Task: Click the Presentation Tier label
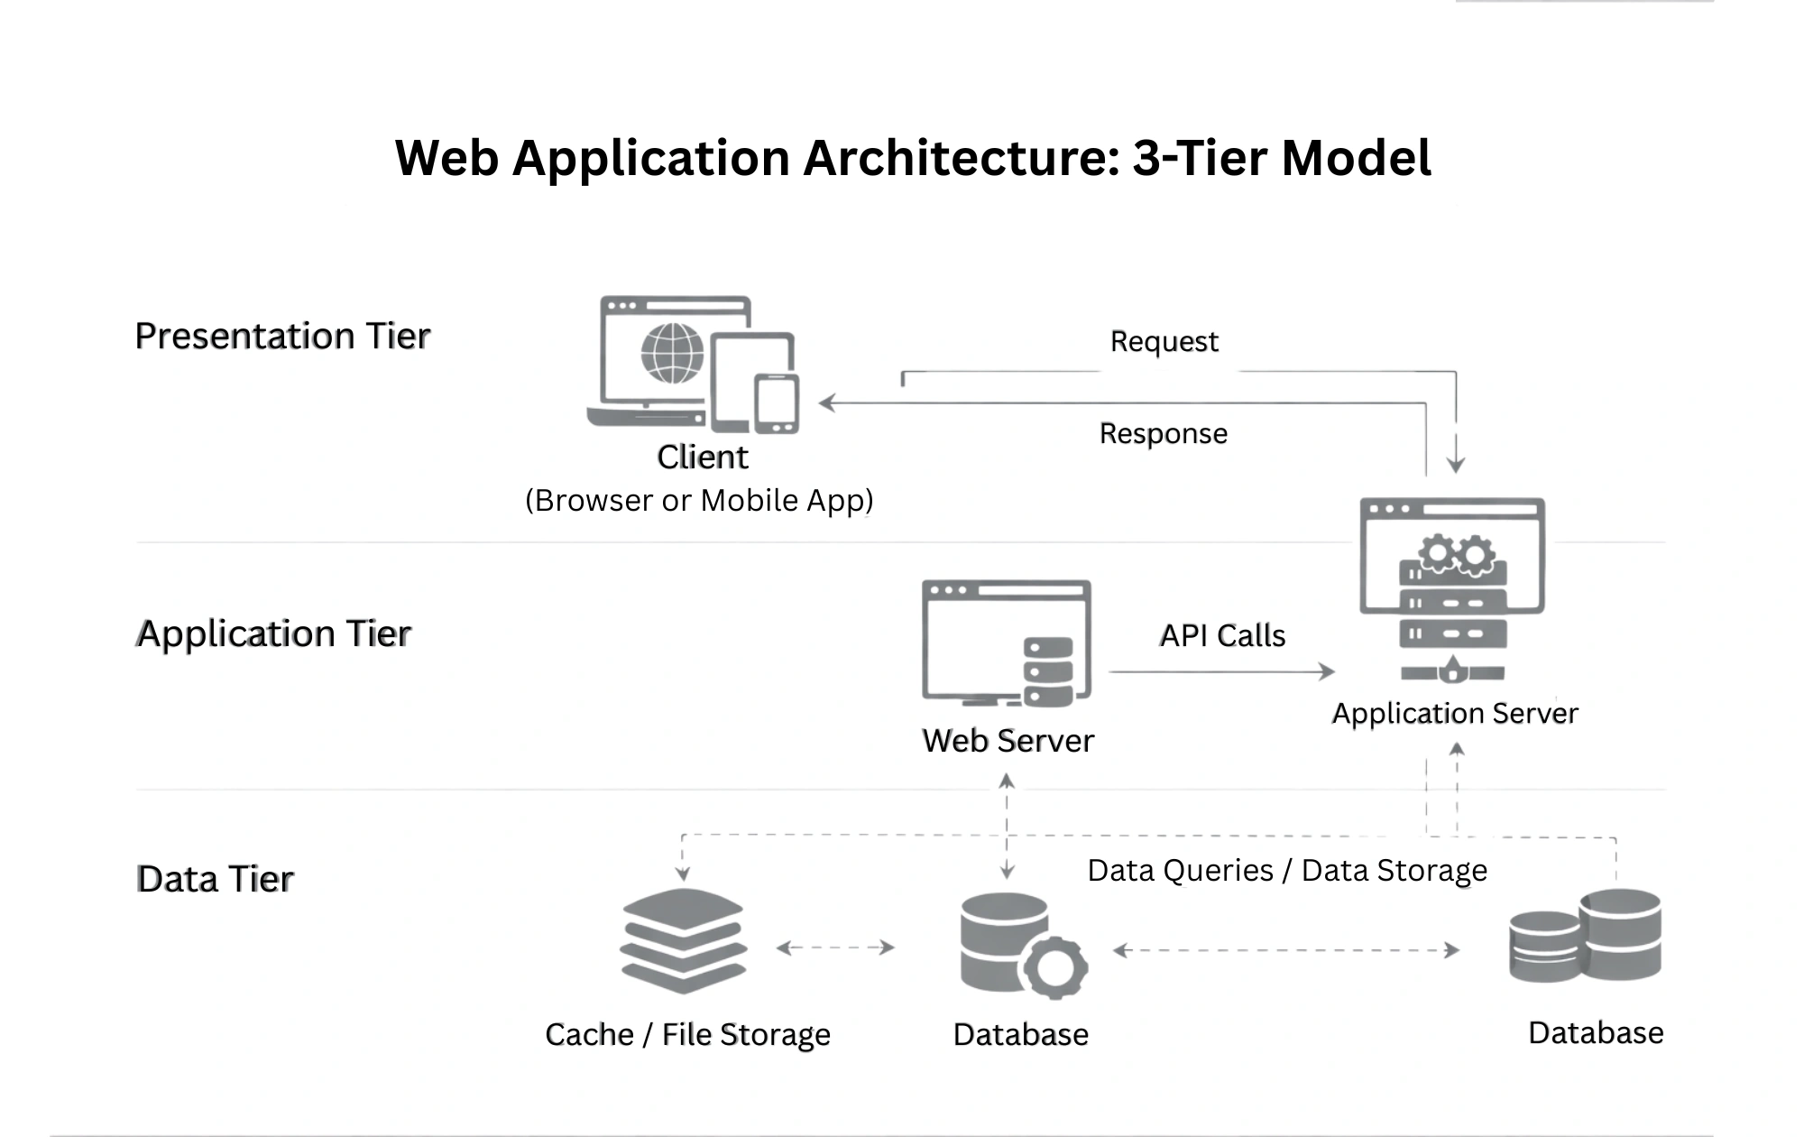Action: pyautogui.click(x=282, y=336)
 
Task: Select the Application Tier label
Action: pyautogui.click(x=273, y=633)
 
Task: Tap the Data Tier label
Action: pyautogui.click(x=215, y=879)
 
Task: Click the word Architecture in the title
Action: pyautogui.click(x=962, y=158)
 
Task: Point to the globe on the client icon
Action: pyautogui.click(x=672, y=353)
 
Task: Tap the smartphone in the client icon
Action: pyautogui.click(x=777, y=403)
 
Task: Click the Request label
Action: pyautogui.click(x=1164, y=342)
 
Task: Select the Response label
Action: pyautogui.click(x=1163, y=434)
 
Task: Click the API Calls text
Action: pyautogui.click(x=1222, y=636)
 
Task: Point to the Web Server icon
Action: pyautogui.click(x=1007, y=643)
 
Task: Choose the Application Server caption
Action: pyautogui.click(x=1455, y=714)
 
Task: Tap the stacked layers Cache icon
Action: pyautogui.click(x=684, y=940)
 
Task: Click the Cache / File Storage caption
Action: pyautogui.click(x=687, y=1034)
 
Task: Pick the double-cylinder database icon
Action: pyautogui.click(x=1585, y=936)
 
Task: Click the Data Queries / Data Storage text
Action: pyautogui.click(x=1287, y=871)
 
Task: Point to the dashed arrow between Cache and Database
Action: pyautogui.click(x=835, y=947)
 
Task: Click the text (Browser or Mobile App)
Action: pyautogui.click(x=699, y=501)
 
